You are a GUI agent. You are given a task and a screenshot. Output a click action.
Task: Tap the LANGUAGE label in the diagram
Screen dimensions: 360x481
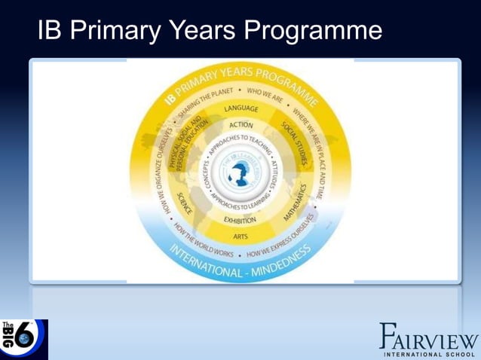[x=241, y=110]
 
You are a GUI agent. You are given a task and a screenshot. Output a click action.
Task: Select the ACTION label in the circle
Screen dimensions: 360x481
[x=241, y=124]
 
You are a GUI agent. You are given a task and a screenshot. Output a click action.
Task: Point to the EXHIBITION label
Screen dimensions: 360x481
[x=240, y=220]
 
